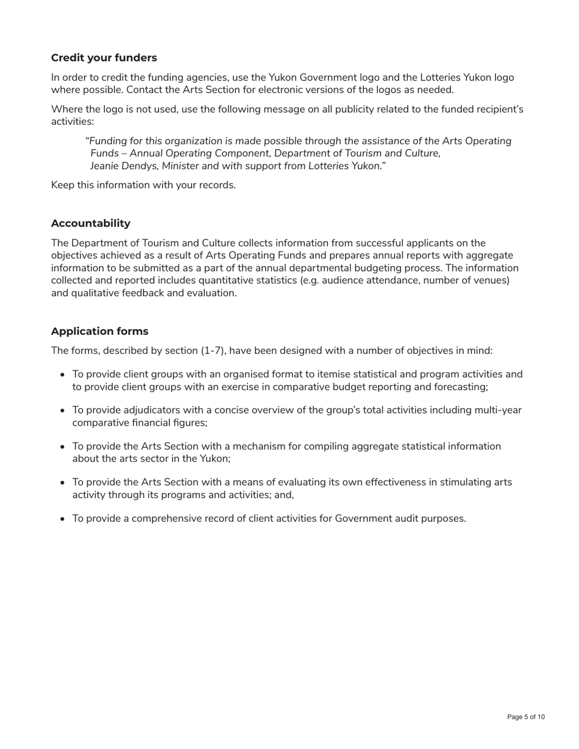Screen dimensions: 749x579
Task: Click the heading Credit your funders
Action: (104, 58)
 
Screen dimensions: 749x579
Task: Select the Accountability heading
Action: (90, 223)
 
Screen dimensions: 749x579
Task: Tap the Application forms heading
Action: (99, 331)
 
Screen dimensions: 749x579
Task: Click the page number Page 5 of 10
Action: (526, 717)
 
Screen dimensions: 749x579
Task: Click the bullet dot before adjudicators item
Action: (62, 411)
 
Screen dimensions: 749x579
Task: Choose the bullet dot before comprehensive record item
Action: (62, 519)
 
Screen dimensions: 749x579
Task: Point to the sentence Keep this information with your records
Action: (143, 185)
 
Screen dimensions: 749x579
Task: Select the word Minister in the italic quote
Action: (181, 166)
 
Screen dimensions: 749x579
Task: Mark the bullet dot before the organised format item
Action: (62, 375)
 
